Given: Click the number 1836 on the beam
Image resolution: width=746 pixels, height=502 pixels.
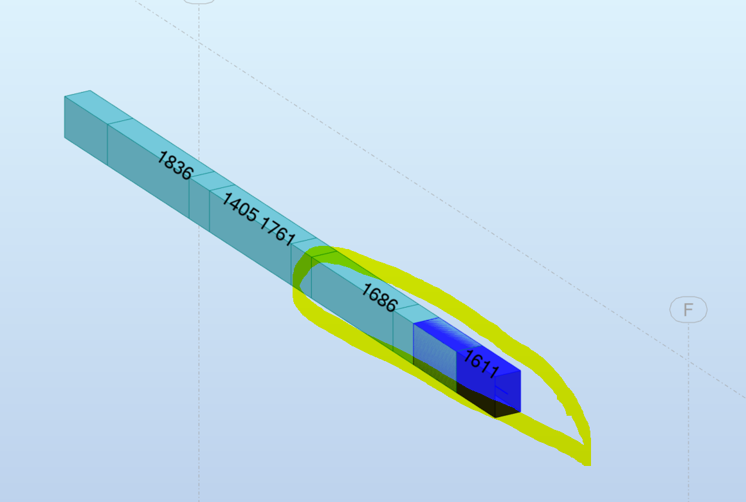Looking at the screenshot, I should pyautogui.click(x=174, y=165).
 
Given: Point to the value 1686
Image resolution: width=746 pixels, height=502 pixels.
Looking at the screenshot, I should pyautogui.click(x=378, y=297).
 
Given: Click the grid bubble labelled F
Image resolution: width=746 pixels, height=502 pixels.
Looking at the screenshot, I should pyautogui.click(x=688, y=310).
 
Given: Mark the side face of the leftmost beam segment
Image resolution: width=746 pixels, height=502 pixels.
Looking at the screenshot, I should pyautogui.click(x=86, y=128).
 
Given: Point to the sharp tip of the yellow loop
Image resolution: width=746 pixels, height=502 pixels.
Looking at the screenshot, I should pyautogui.click(x=587, y=458).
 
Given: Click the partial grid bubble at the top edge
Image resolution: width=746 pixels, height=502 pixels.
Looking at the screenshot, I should pyautogui.click(x=199, y=2).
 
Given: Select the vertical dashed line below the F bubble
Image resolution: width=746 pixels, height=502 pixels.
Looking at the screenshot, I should pyautogui.click(x=688, y=412).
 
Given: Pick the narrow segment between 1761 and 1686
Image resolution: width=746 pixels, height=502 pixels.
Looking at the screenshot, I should pyautogui.click(x=301, y=267).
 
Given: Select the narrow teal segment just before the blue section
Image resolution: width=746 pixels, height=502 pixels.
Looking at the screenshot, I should pyautogui.click(x=403, y=331).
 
